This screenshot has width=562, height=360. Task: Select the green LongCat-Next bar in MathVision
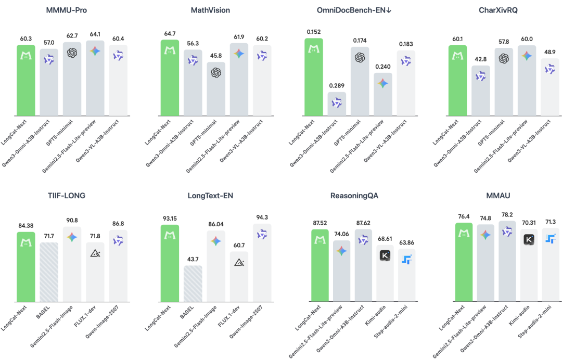(x=169, y=78)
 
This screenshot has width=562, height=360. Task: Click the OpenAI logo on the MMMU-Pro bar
(x=72, y=53)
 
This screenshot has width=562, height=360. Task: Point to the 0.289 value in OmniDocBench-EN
(x=336, y=84)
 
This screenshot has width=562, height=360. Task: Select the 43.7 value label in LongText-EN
(x=193, y=258)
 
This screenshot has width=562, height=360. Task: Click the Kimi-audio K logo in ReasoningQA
(x=385, y=255)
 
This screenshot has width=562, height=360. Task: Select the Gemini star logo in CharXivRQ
(x=527, y=56)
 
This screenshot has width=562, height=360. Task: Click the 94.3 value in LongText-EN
(x=261, y=217)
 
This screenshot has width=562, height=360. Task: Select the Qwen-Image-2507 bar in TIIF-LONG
(x=118, y=265)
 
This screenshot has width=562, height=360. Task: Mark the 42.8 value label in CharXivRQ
(x=480, y=58)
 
